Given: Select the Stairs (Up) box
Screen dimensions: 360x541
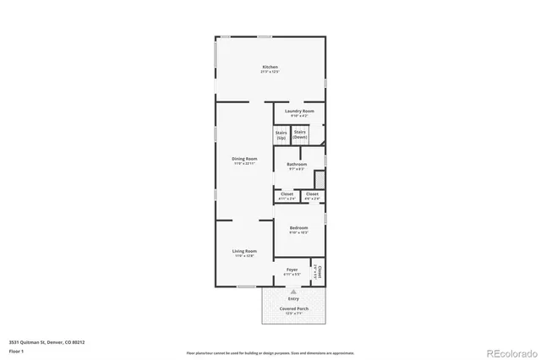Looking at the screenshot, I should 281,134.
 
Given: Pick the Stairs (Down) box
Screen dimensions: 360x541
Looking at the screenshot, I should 299,134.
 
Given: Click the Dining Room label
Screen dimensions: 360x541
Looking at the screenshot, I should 244,160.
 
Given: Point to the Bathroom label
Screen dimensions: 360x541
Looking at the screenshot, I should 296,166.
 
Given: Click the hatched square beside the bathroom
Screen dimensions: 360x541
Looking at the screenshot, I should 320,180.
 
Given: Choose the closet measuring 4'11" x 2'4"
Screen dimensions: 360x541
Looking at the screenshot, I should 287,195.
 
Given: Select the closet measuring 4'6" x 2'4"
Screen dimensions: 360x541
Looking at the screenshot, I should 312,195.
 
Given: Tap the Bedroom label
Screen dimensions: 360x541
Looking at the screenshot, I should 298,229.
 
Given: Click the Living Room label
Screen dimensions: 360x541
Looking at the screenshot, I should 244,253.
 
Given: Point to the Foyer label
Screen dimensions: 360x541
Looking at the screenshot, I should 292,271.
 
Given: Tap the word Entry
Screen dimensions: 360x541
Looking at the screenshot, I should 293,298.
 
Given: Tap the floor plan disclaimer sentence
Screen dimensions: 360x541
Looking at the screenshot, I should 270,352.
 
